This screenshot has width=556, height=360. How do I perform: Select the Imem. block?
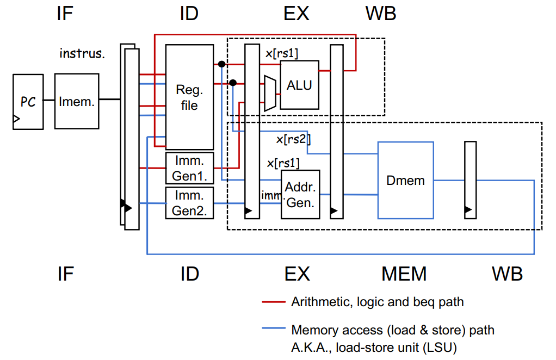(77, 101)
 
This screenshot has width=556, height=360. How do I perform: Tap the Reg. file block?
(189, 97)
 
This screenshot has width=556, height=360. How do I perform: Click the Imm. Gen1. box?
(189, 168)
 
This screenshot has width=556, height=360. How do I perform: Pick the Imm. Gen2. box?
(189, 203)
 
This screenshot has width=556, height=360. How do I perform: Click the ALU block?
(299, 85)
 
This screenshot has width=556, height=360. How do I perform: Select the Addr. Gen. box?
(300, 195)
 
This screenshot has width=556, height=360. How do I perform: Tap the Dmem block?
(406, 181)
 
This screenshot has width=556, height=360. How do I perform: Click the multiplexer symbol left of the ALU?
(270, 93)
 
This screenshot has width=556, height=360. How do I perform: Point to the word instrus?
(82, 53)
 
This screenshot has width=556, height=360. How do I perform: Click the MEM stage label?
(404, 274)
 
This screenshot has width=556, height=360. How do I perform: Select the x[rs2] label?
(293, 139)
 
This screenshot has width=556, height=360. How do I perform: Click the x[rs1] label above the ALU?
(282, 53)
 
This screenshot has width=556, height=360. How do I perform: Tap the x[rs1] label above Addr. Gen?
(283, 163)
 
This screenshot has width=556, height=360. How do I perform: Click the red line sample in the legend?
(274, 302)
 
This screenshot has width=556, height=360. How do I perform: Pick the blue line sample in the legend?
(274, 328)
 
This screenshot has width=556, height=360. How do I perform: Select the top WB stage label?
(381, 14)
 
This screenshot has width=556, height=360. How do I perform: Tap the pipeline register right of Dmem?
(470, 180)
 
